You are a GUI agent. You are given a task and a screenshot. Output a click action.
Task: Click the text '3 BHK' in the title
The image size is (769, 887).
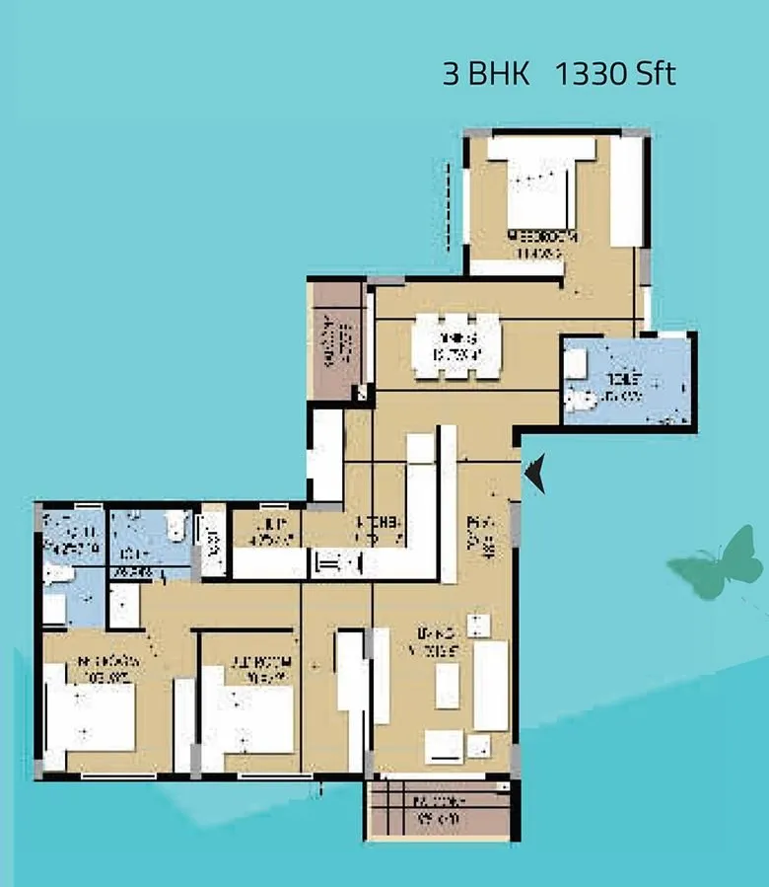coord(486,75)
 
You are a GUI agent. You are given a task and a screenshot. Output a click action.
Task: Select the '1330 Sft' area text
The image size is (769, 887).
coord(616,75)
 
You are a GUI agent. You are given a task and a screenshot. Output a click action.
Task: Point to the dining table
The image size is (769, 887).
coord(456,345)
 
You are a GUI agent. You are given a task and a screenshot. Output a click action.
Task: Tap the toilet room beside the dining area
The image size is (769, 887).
coord(627,381)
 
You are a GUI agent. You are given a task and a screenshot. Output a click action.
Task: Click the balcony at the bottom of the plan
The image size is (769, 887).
coord(440,811)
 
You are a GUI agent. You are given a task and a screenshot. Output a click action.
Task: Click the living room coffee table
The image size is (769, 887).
coord(448,685)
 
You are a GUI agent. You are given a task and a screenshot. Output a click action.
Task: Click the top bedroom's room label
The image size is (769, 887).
coord(538,244)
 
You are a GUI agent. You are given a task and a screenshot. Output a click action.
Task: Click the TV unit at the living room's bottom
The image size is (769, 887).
coord(444,746)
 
